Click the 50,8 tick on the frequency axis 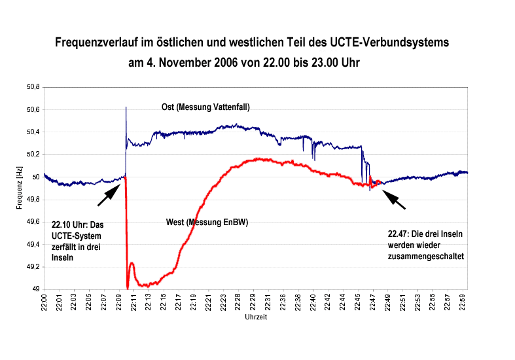(32, 86)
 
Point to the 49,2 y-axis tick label (32, 267)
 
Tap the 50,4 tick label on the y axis (32, 132)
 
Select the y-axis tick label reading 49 (36, 289)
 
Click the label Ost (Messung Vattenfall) (205, 107)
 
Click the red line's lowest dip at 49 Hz (127, 287)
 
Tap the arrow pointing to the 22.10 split (109, 194)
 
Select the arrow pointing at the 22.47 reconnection (394, 199)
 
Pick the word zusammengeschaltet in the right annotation (425, 257)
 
